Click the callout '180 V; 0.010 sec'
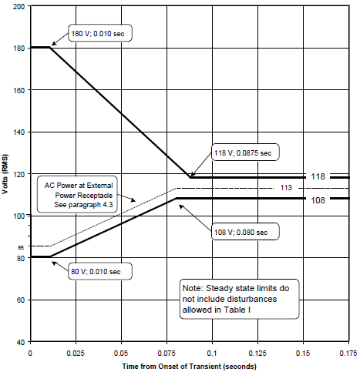(x=100, y=33)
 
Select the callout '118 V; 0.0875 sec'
(x=245, y=152)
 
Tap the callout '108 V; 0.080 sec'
(x=245, y=232)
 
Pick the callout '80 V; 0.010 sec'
(x=100, y=271)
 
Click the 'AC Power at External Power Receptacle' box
(x=77, y=194)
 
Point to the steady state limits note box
(x=239, y=299)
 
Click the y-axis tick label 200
(x=19, y=6)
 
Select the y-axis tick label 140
(x=19, y=132)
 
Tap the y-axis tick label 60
(x=21, y=300)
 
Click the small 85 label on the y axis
(x=21, y=248)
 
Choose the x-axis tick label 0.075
(x=167, y=354)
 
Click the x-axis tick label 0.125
(x=257, y=354)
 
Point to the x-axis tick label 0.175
(x=348, y=354)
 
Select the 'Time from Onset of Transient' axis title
(x=189, y=367)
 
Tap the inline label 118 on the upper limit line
(x=318, y=176)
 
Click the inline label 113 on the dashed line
(x=286, y=188)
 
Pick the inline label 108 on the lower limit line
(x=318, y=200)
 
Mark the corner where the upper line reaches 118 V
(x=190, y=177)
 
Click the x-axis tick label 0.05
(x=121, y=354)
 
